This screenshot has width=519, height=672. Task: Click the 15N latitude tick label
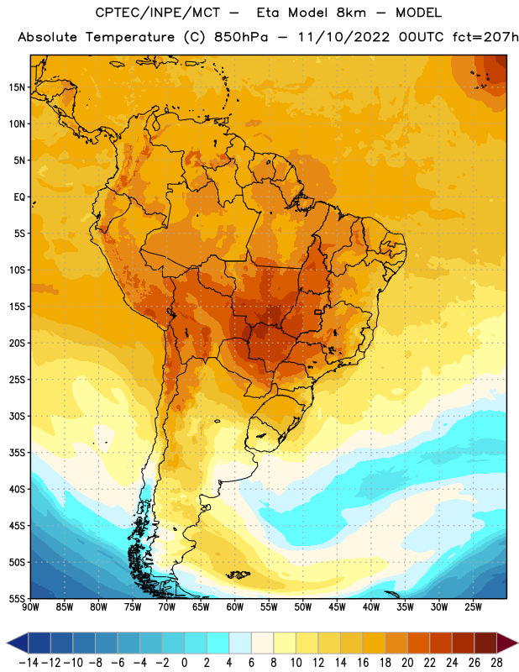click(17, 87)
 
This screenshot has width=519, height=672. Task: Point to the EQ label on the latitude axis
click(19, 197)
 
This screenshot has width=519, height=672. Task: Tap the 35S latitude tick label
click(17, 453)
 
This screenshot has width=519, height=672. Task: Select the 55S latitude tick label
click(17, 599)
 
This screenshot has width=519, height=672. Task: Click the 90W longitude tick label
click(30, 606)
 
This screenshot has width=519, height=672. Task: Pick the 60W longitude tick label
click(235, 606)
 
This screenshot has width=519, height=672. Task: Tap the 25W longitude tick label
click(473, 606)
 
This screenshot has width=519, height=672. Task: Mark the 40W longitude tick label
click(371, 606)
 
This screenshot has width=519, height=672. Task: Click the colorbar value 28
click(496, 663)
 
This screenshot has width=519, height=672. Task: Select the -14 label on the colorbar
click(29, 663)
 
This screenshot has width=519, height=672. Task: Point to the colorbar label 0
click(184, 663)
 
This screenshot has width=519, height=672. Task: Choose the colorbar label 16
click(363, 663)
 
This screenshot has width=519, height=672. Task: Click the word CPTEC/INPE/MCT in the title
click(157, 13)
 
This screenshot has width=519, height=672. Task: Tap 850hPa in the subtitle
click(241, 37)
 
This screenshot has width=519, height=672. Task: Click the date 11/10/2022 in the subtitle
click(343, 37)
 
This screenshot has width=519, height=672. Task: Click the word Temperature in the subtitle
click(130, 38)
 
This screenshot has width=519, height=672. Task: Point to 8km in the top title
click(351, 13)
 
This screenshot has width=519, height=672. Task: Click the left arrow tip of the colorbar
click(8, 643)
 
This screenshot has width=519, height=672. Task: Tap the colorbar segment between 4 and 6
click(240, 643)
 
